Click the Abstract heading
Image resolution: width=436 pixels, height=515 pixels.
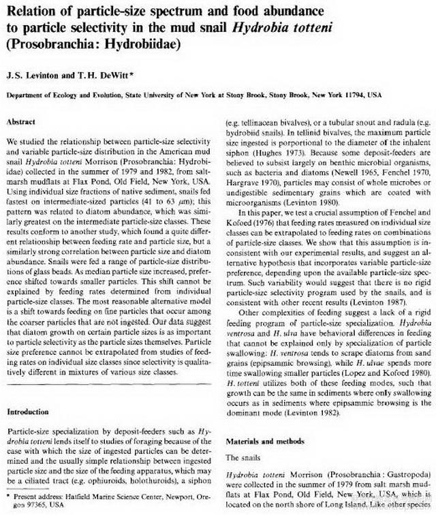tap(21, 121)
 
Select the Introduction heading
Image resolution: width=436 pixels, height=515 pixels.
tap(29, 412)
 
